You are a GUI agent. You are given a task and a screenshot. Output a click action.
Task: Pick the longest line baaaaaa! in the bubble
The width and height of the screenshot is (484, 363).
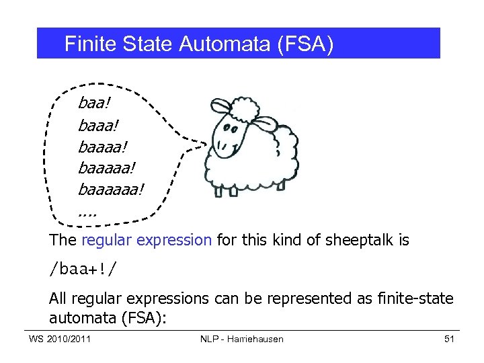point(111,190)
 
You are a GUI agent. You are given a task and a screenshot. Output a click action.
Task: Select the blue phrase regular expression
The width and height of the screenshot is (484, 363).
point(147,240)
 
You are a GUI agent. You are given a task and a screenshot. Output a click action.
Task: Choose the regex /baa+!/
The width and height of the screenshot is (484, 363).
point(82,270)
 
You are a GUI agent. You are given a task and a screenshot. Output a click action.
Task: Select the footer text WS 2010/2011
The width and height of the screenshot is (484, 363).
point(60,339)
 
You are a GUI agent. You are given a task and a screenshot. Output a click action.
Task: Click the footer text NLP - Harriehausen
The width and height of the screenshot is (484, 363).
point(241,339)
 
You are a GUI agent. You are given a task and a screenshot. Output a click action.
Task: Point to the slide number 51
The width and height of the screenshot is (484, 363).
point(450,339)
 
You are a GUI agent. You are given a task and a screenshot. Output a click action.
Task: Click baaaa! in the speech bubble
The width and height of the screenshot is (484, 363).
point(102,147)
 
